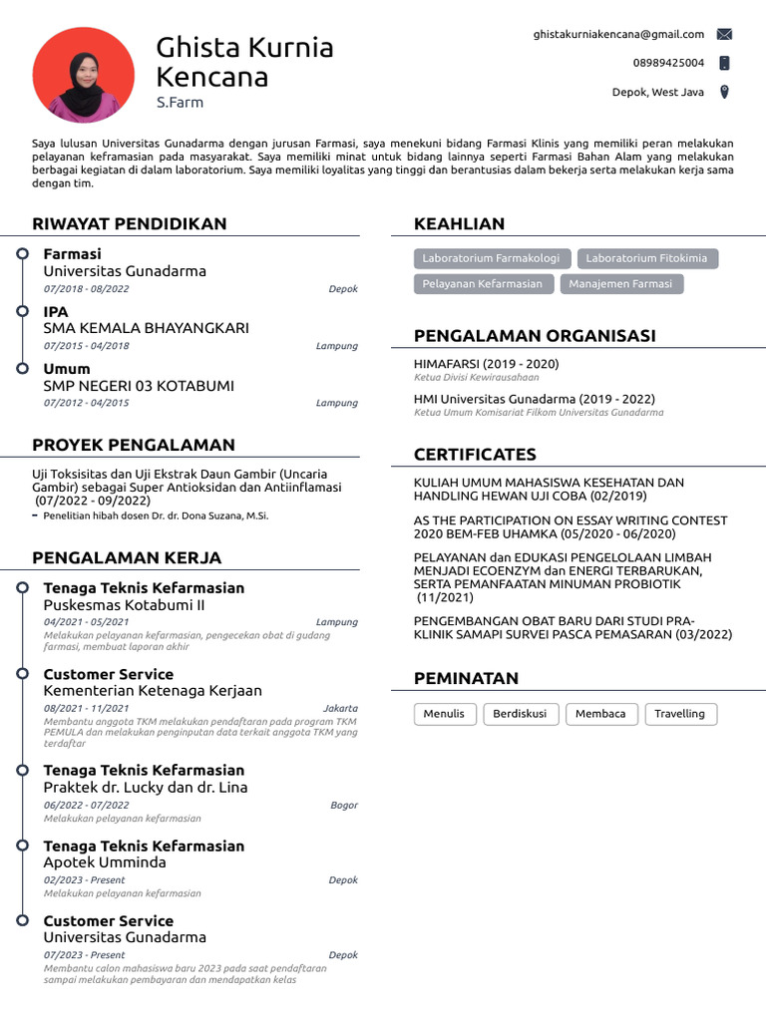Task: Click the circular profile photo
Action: pos(83,73)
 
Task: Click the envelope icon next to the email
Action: pos(724,34)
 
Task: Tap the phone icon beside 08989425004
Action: pos(724,63)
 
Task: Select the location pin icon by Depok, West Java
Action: pos(724,92)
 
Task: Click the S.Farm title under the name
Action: pos(180,102)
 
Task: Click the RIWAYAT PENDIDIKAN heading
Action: pos(130,223)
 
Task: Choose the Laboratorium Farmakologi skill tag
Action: pos(491,258)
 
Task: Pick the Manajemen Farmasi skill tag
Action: pos(620,284)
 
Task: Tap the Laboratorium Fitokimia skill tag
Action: pos(647,258)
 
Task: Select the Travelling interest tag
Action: pos(680,714)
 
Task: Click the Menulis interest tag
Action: pos(444,714)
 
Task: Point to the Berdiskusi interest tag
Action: pos(521,714)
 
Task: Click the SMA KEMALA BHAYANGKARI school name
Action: pos(147,328)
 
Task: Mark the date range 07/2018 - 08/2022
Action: pos(86,289)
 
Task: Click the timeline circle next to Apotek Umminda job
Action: pos(22,846)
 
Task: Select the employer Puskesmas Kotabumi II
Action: pos(124,605)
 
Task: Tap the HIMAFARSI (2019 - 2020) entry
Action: pos(486,364)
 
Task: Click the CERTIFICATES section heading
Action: pos(475,455)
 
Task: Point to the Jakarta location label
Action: pos(340,709)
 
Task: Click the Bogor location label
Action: pos(343,806)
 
